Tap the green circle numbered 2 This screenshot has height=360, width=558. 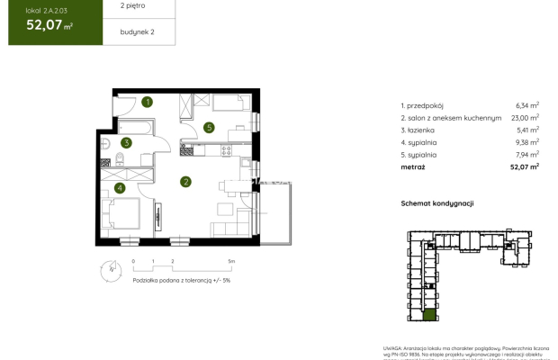(x=185, y=182)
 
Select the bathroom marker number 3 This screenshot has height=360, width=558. (x=128, y=141)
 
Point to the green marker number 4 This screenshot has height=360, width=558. (x=120, y=188)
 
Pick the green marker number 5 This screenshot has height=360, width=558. (x=208, y=127)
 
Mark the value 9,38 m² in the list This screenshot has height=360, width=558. (x=526, y=141)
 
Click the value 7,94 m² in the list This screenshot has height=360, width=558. (x=526, y=154)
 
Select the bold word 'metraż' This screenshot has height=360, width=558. (x=413, y=166)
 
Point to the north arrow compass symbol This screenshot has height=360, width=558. (x=110, y=267)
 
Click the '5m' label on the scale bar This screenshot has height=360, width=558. (x=231, y=261)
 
